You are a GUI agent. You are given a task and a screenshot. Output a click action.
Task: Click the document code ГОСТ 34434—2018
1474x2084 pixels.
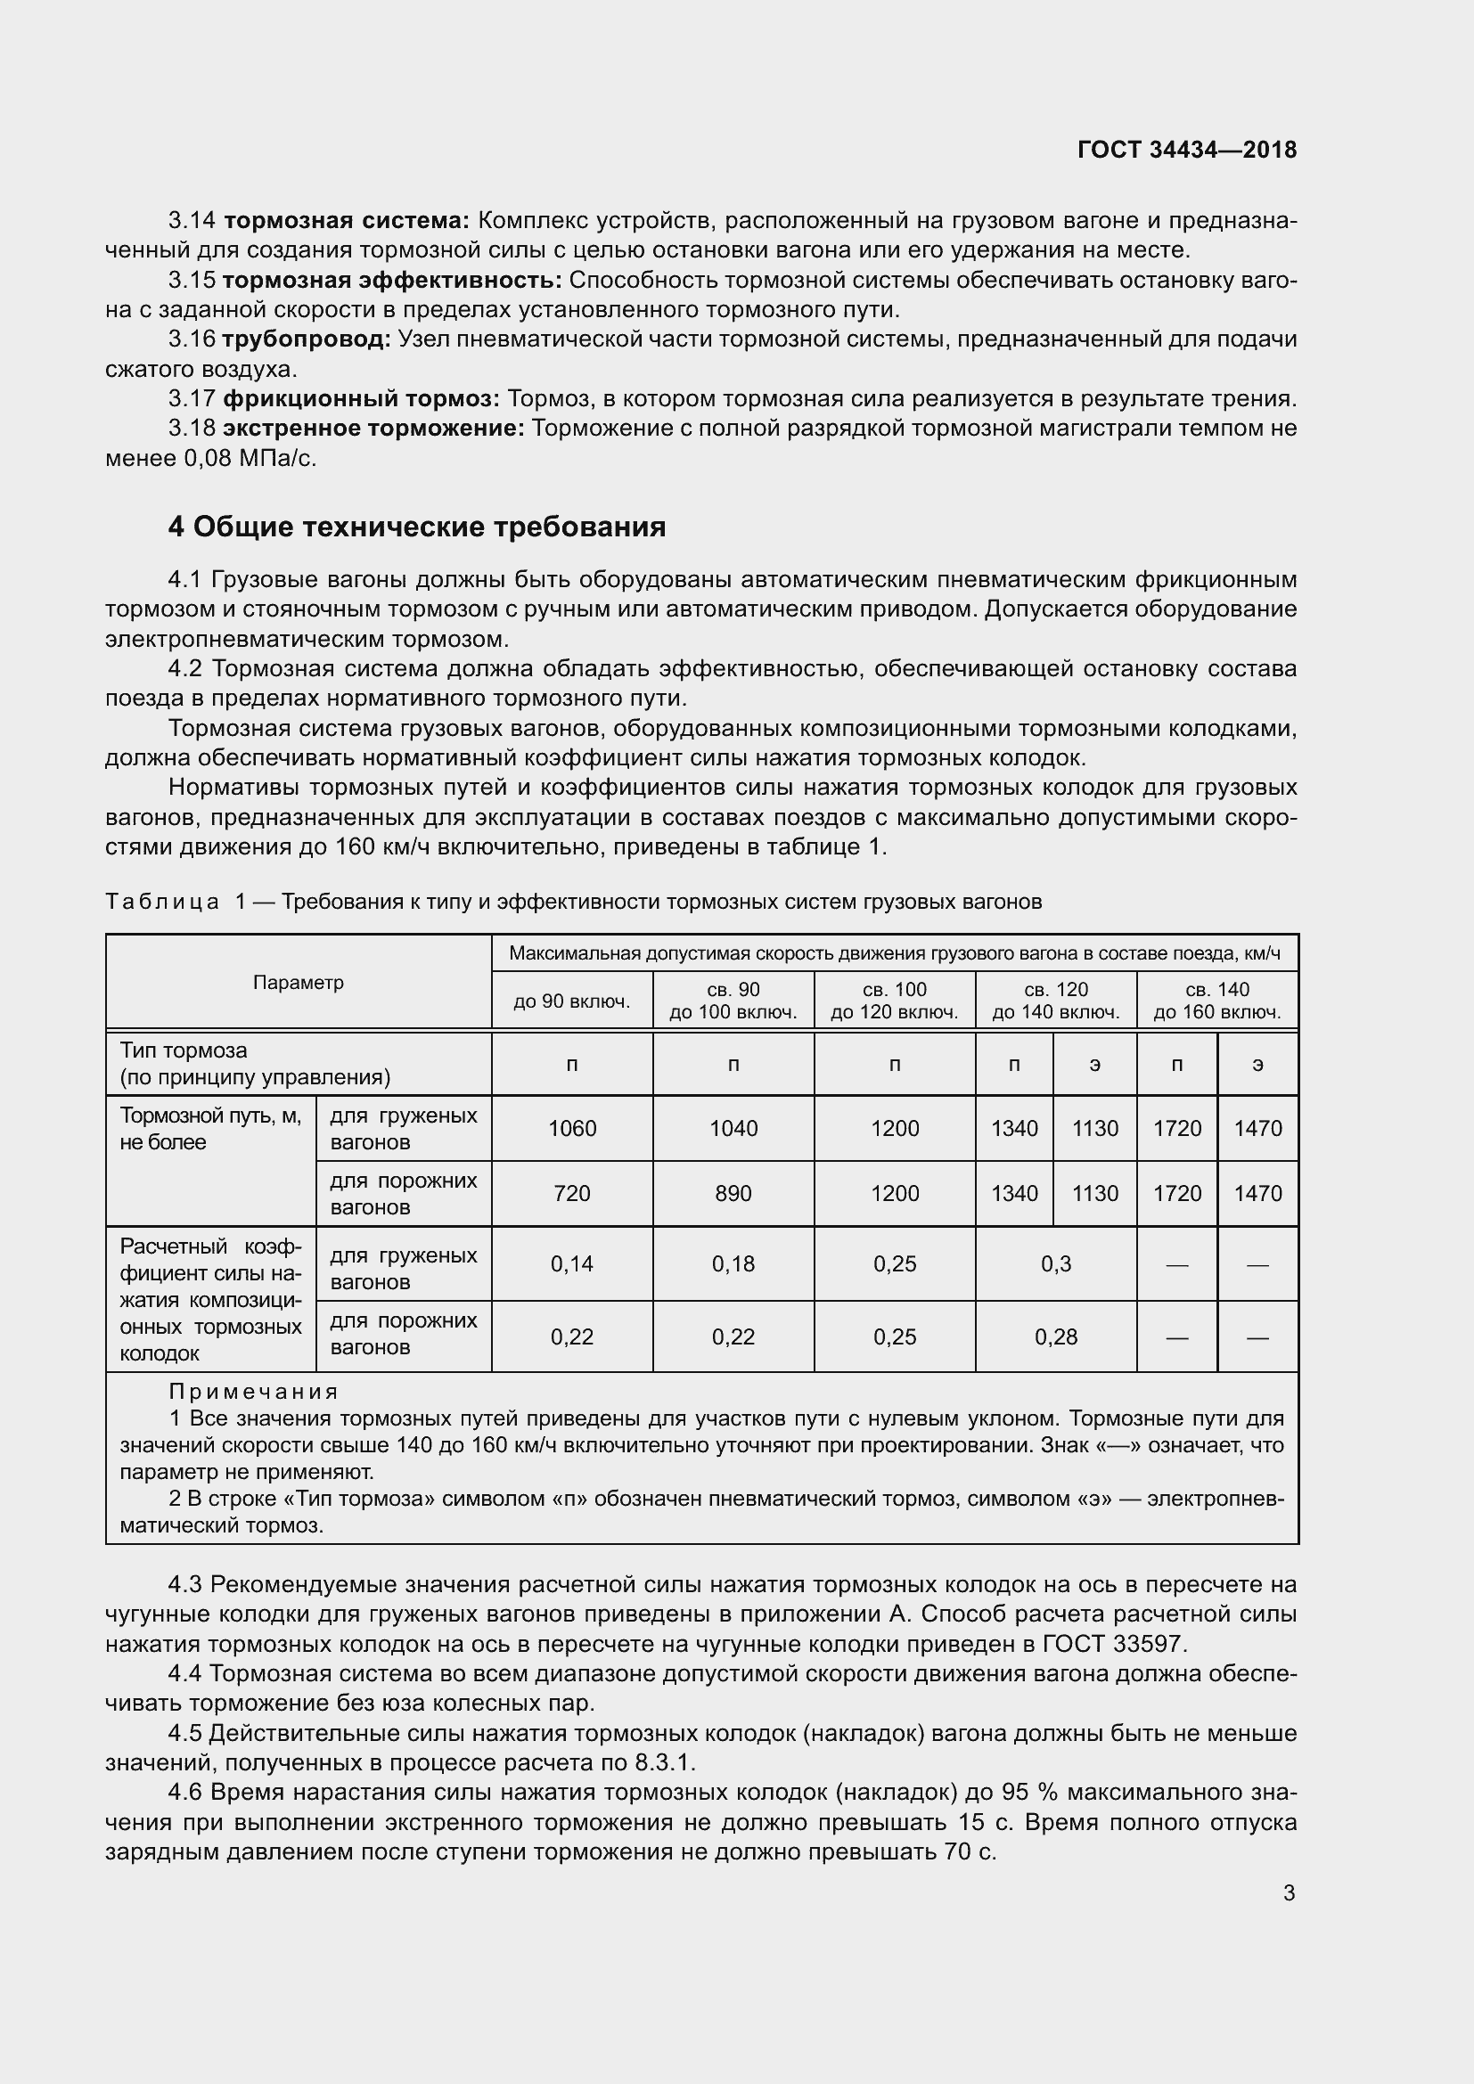pyautogui.click(x=1186, y=150)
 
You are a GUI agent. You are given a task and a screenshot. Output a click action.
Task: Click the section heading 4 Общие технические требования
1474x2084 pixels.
pyautogui.click(x=416, y=527)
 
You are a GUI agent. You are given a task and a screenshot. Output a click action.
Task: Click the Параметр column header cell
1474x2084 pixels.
pyautogui.click(x=298, y=982)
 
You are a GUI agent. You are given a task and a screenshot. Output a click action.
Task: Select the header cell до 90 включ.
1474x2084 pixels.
pyautogui.click(x=572, y=1001)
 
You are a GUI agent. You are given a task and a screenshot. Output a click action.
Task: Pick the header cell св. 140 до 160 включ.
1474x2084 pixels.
pyautogui.click(x=1217, y=1001)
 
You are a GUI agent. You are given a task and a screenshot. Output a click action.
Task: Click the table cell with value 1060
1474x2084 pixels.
pyautogui.click(x=572, y=1128)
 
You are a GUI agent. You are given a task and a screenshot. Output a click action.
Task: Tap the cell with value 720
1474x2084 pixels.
pyautogui.click(x=572, y=1194)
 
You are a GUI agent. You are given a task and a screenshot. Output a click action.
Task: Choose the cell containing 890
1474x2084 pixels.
pyautogui.click(x=733, y=1194)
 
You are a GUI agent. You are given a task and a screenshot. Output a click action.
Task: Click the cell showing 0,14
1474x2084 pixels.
pyautogui.click(x=572, y=1263)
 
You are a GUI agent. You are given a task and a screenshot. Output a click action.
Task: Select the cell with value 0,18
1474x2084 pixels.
pyautogui.click(x=733, y=1263)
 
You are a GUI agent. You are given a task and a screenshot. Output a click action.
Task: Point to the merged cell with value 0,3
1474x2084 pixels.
pyautogui.click(x=1055, y=1263)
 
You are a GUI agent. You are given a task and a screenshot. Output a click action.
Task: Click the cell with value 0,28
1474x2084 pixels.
pyautogui.click(x=1055, y=1337)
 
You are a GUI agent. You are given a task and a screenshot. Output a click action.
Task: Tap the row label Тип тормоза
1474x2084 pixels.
pyautogui.click(x=184, y=1050)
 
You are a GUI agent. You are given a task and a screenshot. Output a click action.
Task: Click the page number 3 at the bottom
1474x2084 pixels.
pyautogui.click(x=1289, y=1893)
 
